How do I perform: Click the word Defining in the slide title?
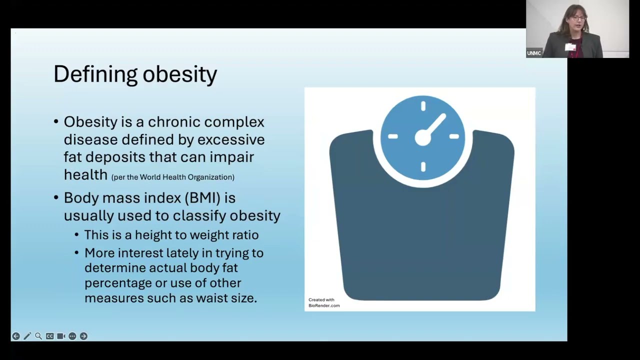(95, 74)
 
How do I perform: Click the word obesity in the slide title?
(180, 74)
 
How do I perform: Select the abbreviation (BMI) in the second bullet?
(202, 198)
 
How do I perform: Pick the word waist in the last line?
(209, 298)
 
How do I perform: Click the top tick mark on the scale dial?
(423, 106)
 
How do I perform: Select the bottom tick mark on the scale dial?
(423, 166)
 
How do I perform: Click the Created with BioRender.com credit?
(324, 302)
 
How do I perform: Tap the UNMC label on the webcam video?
(533, 53)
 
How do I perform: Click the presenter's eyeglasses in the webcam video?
(578, 18)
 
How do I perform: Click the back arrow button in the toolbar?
(16, 336)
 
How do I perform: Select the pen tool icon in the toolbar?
(27, 336)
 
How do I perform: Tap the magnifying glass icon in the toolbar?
(38, 336)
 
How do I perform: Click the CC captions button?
(49, 336)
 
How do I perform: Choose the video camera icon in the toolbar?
(61, 336)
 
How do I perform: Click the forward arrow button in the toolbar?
(83, 336)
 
